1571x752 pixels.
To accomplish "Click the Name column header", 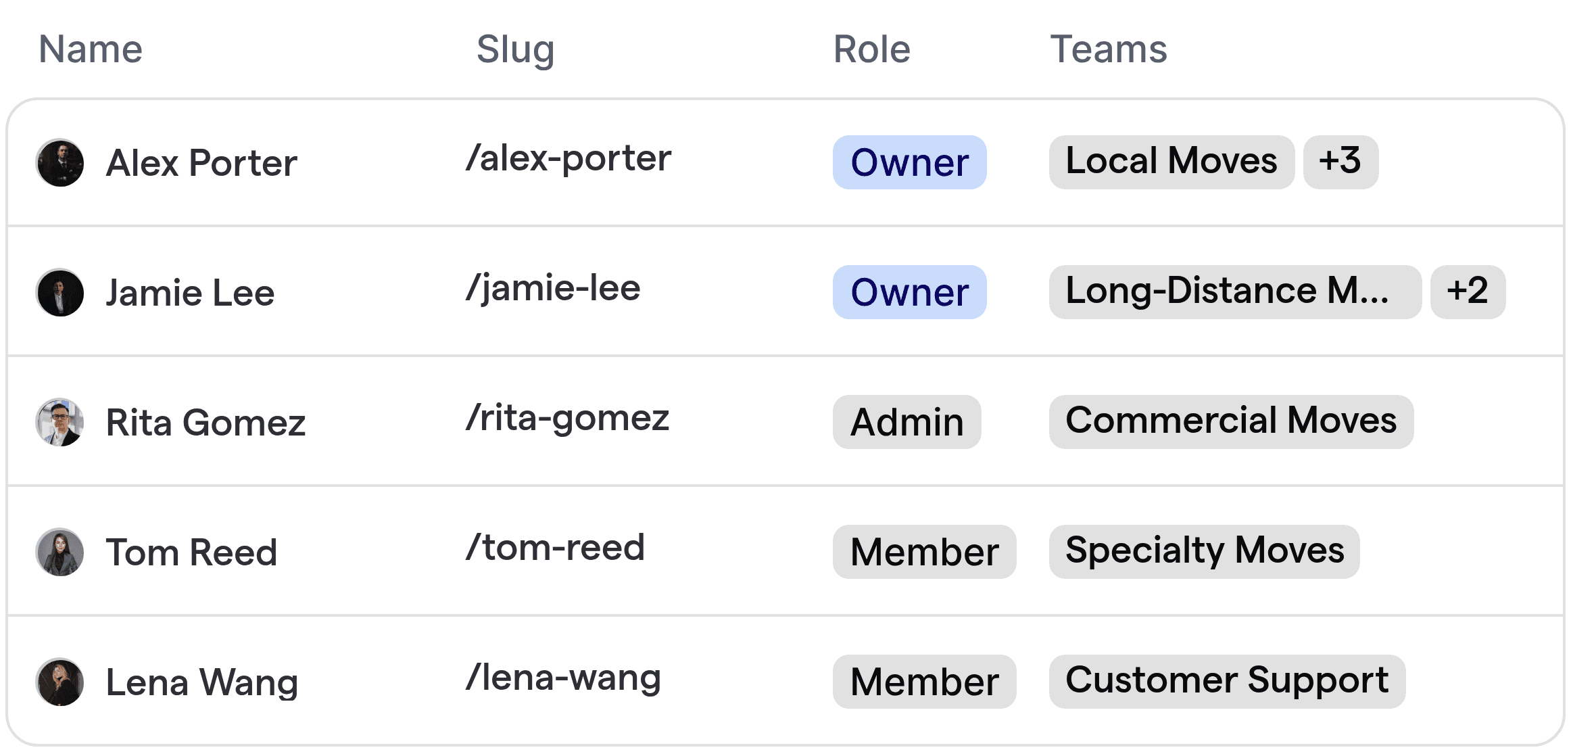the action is point(91,49).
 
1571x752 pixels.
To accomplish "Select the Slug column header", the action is point(515,49).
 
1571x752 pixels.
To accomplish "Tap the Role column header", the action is point(871,49).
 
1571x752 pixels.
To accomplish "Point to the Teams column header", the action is point(1108,49).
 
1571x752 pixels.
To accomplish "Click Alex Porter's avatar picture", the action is point(60,163).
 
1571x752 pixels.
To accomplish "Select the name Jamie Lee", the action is point(190,293).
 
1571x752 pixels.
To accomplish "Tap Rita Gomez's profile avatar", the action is point(60,422).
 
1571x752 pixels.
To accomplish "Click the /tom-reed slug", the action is point(555,548).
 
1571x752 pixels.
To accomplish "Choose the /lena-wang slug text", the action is point(563,678).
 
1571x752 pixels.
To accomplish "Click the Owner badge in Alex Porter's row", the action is point(909,162).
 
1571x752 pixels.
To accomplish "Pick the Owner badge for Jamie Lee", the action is point(909,292).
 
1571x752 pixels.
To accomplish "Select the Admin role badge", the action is point(907,422).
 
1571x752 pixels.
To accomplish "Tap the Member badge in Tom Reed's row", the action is point(924,552).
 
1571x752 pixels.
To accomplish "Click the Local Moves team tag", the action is point(1171,162).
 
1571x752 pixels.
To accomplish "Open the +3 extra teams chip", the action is point(1340,162).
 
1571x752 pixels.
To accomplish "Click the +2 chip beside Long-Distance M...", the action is point(1467,292).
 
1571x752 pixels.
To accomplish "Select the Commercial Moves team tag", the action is point(1231,422).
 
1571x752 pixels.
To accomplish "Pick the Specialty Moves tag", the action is point(1204,552).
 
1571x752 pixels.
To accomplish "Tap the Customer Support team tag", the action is point(1227,682).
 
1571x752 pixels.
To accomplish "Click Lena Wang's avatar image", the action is point(60,682).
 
